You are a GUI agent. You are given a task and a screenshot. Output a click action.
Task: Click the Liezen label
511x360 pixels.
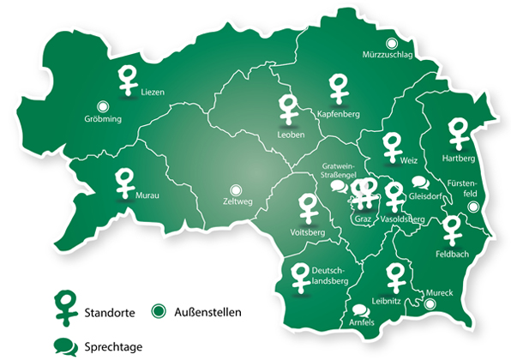pyautogui.click(x=151, y=91)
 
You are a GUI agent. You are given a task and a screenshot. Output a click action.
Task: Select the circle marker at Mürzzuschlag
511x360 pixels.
pyautogui.click(x=392, y=43)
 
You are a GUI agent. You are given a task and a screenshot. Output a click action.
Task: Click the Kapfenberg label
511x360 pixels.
pyautogui.click(x=337, y=114)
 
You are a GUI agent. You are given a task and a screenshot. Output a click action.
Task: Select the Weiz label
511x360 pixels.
pyautogui.click(x=408, y=160)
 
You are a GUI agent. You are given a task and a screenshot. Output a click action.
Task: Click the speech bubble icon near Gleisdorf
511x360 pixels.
pyautogui.click(x=419, y=183)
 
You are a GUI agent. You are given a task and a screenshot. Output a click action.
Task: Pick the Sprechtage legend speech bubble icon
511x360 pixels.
pyautogui.click(x=65, y=346)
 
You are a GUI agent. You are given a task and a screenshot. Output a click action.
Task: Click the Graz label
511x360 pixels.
pyautogui.click(x=362, y=219)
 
